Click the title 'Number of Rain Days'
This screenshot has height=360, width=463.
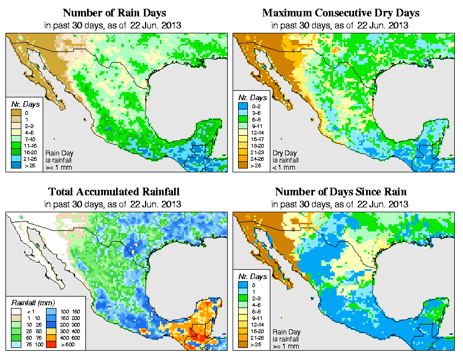click(x=114, y=13)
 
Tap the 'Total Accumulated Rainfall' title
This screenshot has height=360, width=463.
click(x=114, y=192)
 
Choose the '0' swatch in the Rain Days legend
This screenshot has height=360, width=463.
click(x=15, y=113)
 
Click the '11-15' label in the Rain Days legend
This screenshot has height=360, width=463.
click(x=30, y=146)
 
